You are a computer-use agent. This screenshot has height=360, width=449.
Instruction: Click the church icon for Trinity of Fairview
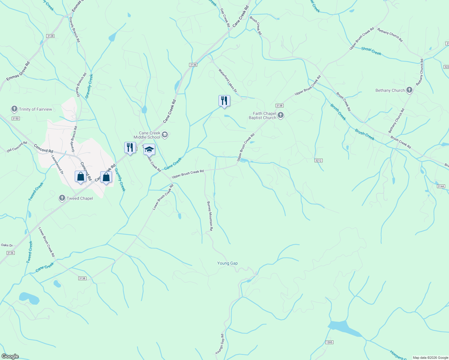[x=14, y=109]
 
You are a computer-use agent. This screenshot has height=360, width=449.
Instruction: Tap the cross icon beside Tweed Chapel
[x=62, y=198]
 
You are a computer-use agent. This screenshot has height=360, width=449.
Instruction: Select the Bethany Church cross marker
[x=409, y=90]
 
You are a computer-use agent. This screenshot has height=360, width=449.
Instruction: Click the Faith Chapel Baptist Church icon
[x=281, y=115]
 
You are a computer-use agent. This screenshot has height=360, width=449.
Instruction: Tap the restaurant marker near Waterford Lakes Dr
[x=224, y=101]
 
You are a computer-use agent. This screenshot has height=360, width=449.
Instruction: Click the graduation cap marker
[x=149, y=149]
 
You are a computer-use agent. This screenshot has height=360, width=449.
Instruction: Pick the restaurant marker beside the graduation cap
[x=130, y=148]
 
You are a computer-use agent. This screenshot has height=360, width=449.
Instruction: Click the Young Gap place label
[x=228, y=263]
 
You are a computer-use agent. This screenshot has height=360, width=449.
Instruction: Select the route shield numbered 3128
[x=50, y=36]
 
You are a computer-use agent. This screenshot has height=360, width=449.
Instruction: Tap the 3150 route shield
[x=16, y=118]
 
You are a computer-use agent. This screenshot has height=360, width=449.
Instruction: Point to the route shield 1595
[x=329, y=342]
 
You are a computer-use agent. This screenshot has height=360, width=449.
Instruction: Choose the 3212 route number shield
[x=318, y=160]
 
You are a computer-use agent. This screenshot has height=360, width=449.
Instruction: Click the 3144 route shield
[x=441, y=186]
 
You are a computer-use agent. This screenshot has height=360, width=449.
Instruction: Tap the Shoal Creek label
[x=371, y=51]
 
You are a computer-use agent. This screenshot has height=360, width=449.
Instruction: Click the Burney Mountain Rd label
[x=210, y=216]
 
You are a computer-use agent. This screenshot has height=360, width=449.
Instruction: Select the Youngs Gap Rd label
[x=220, y=344]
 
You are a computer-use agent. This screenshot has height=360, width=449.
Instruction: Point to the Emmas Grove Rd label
[x=18, y=71]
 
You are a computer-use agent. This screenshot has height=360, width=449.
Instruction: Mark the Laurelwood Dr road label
[x=57, y=164]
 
